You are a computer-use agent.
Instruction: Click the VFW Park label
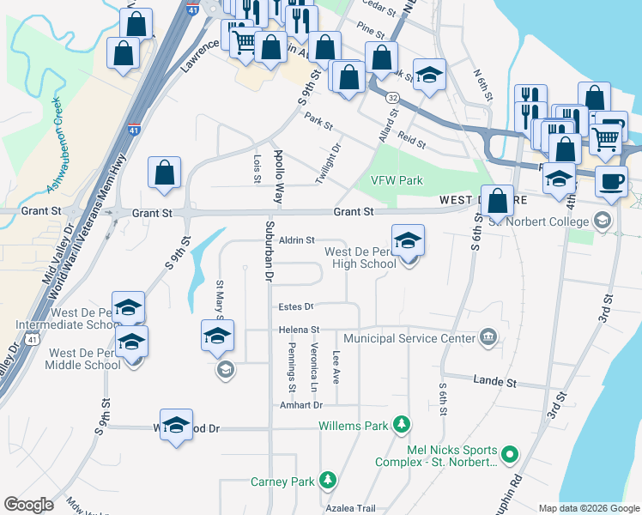point(397,180)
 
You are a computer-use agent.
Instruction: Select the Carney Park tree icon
point(327,481)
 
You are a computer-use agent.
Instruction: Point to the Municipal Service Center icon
point(488,337)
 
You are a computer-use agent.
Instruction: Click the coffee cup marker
point(611,182)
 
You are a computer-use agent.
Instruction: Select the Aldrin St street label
point(298,241)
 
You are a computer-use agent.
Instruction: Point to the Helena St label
point(299,329)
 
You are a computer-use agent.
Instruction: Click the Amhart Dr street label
point(300,404)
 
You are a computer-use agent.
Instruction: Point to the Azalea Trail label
point(350,508)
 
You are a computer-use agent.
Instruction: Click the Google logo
point(29,505)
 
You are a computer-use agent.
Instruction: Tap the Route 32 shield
point(391,99)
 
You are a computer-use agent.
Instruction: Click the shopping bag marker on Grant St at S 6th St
point(498,202)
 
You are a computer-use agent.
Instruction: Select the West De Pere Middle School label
point(85,359)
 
